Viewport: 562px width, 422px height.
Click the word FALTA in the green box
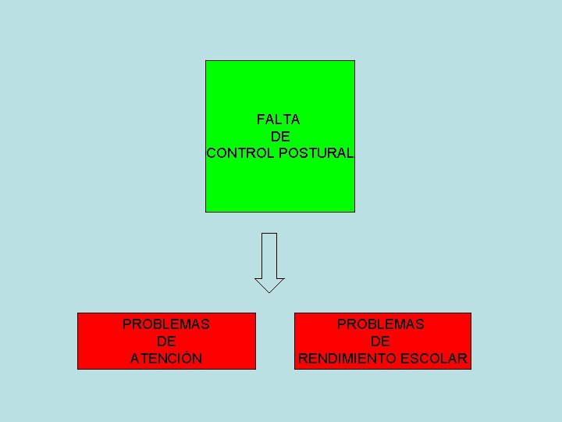(x=278, y=120)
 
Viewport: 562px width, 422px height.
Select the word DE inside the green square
(x=280, y=136)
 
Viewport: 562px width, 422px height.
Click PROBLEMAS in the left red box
(x=166, y=324)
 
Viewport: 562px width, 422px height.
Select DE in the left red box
(x=166, y=342)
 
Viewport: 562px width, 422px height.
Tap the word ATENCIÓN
(x=166, y=359)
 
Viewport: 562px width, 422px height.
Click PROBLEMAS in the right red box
(x=381, y=324)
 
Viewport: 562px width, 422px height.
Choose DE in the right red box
(x=381, y=342)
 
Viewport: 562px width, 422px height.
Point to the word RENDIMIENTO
(x=346, y=359)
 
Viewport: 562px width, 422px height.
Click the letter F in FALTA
(x=260, y=120)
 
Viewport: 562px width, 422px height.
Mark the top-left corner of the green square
(x=206, y=61)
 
